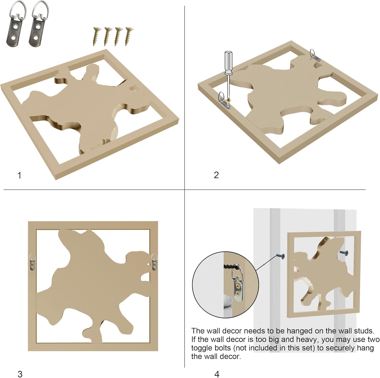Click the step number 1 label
click(19, 175)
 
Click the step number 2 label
click(216, 175)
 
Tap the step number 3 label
click(20, 374)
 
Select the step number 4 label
click(217, 374)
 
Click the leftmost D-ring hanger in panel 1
click(15, 24)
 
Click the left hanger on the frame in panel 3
click(33, 262)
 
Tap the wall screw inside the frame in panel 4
click(344, 252)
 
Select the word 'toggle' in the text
click(201, 348)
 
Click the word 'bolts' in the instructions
click(222, 348)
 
